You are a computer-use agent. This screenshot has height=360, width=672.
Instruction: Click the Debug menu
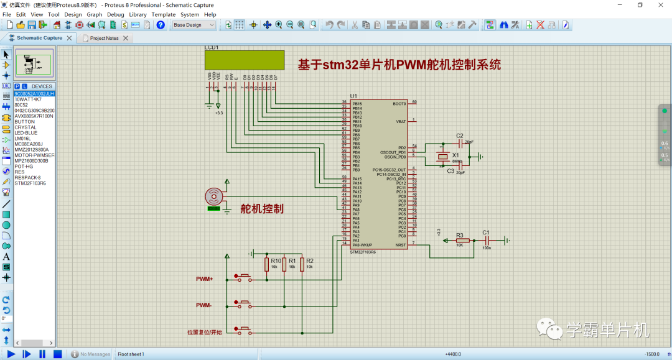pyautogui.click(x=115, y=14)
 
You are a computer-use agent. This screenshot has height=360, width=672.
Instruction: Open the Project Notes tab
pyautogui.click(x=104, y=38)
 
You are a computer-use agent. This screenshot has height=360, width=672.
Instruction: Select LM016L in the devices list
pyautogui.click(x=22, y=139)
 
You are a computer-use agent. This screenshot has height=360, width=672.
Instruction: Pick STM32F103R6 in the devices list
pyautogui.click(x=30, y=183)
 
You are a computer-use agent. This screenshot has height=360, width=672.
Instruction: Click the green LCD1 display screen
pyautogui.click(x=244, y=60)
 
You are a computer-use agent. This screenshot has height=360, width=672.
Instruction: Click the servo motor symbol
pyautogui.click(x=214, y=196)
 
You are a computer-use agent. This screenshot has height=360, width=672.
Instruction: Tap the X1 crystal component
pyautogui.click(x=442, y=156)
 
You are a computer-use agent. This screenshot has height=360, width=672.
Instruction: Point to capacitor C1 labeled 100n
pyautogui.click(x=487, y=241)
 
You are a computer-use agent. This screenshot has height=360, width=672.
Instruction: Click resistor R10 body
pyautogui.click(x=266, y=265)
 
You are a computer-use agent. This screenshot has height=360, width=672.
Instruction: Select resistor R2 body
pyautogui.click(x=302, y=265)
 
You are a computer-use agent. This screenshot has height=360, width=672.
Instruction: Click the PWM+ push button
pyautogui.click(x=243, y=277)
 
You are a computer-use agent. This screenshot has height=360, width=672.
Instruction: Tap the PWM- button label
pyautogui.click(x=204, y=305)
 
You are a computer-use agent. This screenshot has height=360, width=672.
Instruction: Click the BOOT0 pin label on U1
pyautogui.click(x=399, y=103)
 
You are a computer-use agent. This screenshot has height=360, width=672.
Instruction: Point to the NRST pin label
pyautogui.click(x=400, y=245)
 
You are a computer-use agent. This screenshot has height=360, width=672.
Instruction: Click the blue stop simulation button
pyautogui.click(x=57, y=354)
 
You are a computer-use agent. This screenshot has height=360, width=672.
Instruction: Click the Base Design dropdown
pyautogui.click(x=194, y=25)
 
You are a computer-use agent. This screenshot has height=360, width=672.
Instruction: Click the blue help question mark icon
pyautogui.click(x=161, y=25)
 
